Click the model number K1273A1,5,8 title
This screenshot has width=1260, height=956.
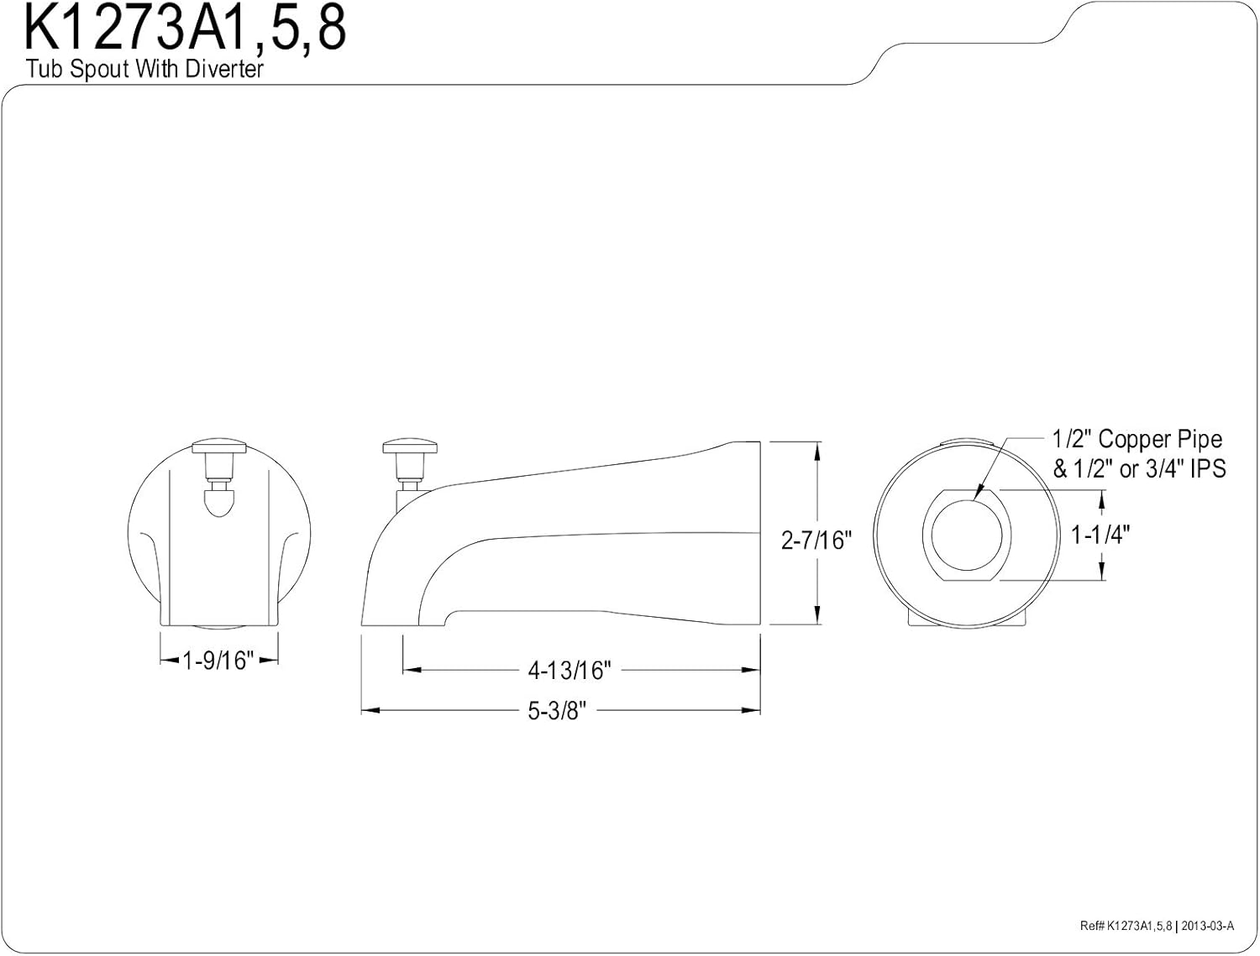[x=185, y=29]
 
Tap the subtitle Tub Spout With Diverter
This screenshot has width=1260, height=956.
[x=144, y=69]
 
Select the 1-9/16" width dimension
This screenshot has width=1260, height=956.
[x=218, y=661]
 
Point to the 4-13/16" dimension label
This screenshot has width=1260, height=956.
[x=570, y=671]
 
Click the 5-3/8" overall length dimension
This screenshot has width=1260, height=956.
[x=556, y=711]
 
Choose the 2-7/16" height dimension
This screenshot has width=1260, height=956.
[x=816, y=540]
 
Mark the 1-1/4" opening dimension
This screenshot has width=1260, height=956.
[x=1100, y=535]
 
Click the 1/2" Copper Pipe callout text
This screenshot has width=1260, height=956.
[x=1137, y=439]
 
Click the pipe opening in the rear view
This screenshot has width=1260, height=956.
[x=967, y=535]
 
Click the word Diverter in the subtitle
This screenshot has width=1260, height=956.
[x=224, y=69]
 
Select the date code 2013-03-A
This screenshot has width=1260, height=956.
[x=1206, y=926]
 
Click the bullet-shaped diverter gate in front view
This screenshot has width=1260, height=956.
[x=218, y=502]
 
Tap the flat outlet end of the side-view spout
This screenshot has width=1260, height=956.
[x=760, y=533]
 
